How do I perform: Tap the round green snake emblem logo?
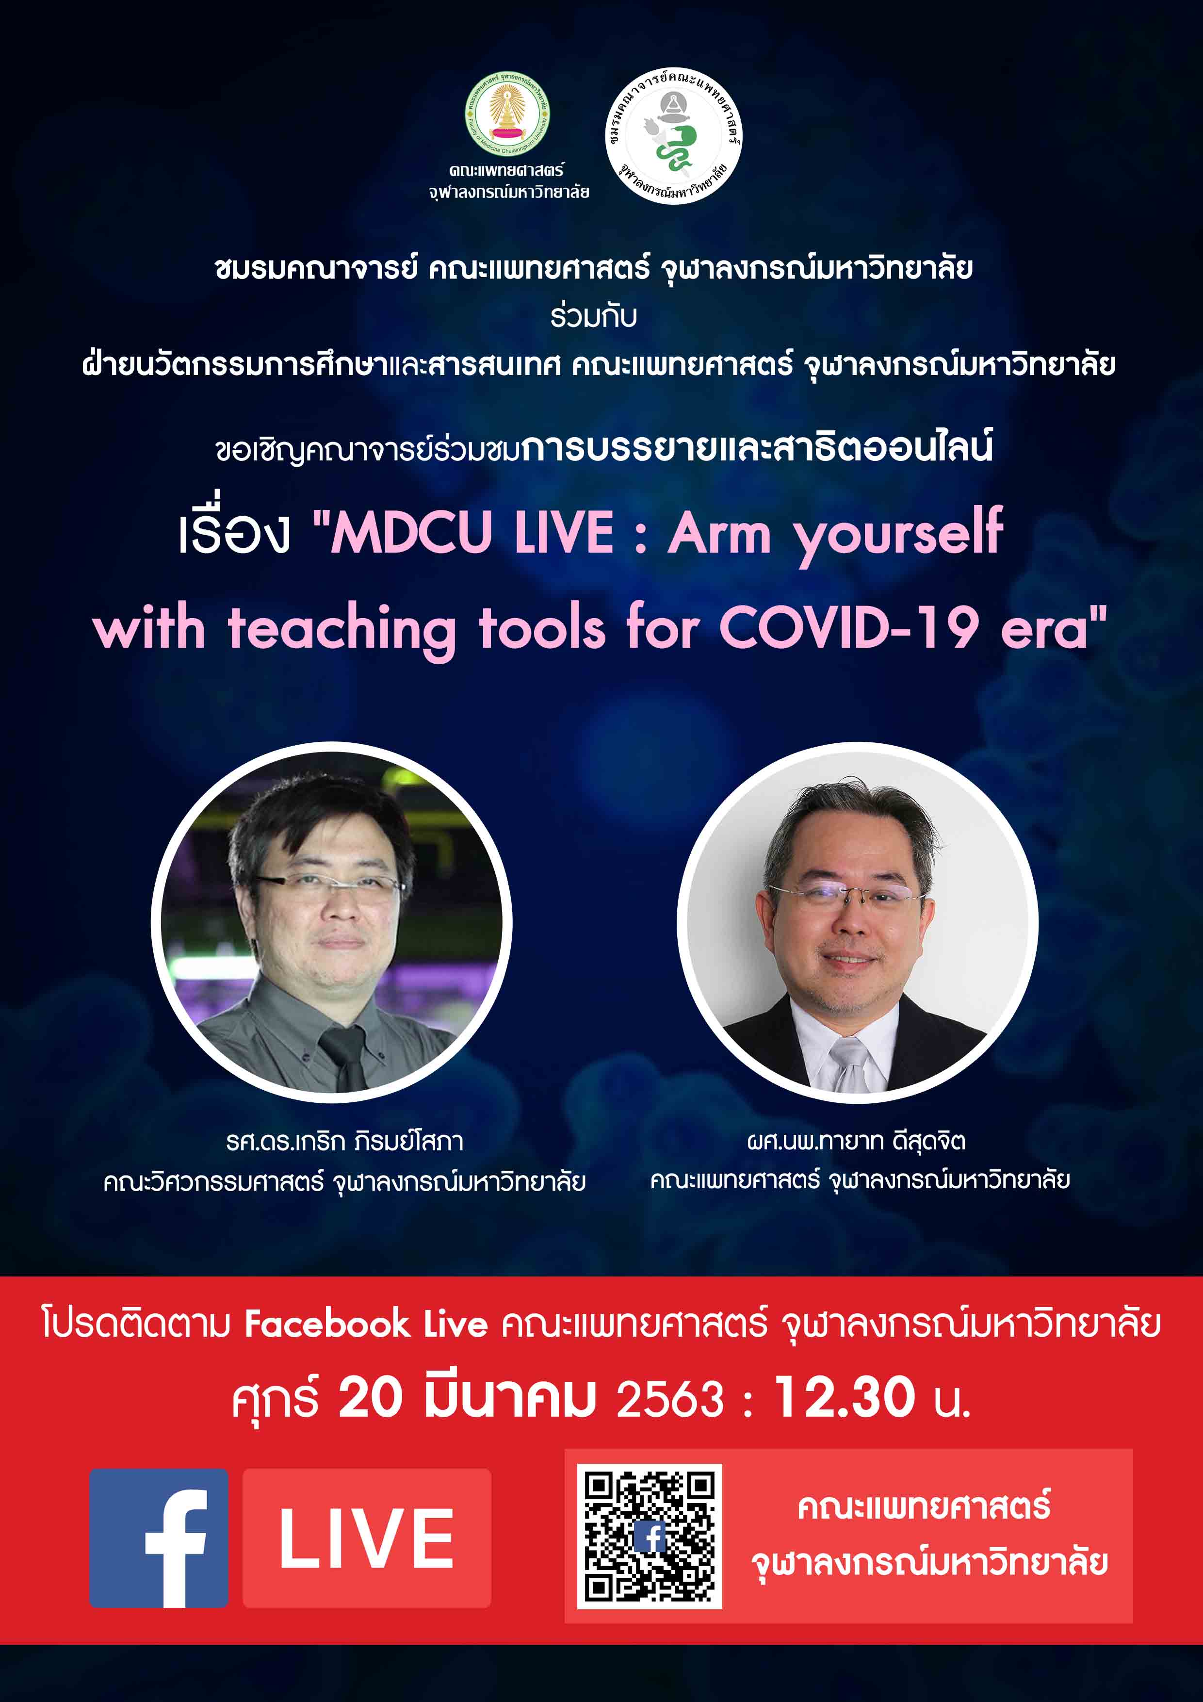click(x=674, y=136)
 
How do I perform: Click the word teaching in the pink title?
click(x=341, y=632)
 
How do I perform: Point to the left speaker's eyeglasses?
click(x=328, y=883)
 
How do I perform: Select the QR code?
click(x=650, y=1537)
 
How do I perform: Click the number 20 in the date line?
click(x=371, y=1398)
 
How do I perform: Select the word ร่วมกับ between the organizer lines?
click(x=594, y=316)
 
